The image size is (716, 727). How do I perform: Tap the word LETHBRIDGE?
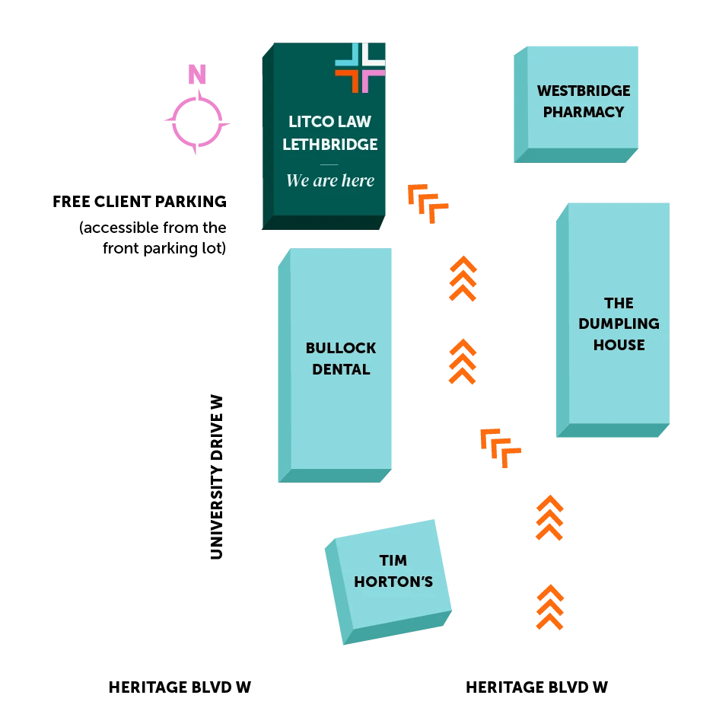[330, 144]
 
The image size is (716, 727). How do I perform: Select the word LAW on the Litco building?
[355, 122]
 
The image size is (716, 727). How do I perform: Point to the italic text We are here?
[330, 180]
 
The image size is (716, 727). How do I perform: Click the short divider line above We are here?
[329, 164]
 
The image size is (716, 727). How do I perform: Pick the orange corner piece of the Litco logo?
[347, 80]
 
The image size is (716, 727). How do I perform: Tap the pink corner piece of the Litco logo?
[374, 80]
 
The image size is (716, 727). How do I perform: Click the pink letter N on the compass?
[197, 75]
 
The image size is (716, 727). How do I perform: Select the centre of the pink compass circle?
[197, 122]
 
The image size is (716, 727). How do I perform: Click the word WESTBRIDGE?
[584, 91]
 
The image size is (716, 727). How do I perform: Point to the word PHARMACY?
[584, 112]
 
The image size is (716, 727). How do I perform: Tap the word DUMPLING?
[619, 324]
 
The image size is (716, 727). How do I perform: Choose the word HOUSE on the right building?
[619, 345]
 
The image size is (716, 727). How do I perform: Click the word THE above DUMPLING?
[619, 303]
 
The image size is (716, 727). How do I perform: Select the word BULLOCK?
[341, 348]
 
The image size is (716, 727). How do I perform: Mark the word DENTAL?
[341, 369]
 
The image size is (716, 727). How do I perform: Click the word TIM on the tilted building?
[393, 560]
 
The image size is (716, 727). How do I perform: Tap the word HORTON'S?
[393, 582]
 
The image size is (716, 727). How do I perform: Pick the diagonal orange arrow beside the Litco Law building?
[427, 202]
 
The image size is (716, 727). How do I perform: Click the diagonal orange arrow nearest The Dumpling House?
[499, 446]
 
